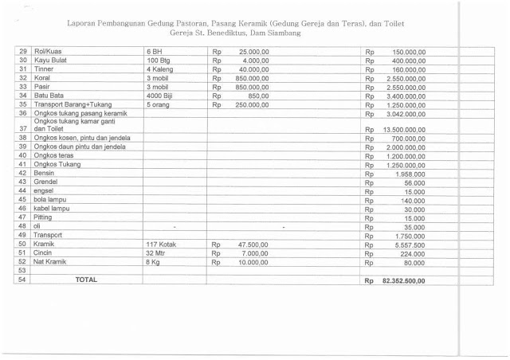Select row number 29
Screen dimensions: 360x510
click(x=23, y=50)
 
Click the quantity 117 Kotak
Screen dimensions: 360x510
click(x=163, y=245)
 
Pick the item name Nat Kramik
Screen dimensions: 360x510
click(x=50, y=262)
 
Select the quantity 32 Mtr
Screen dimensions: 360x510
click(x=158, y=253)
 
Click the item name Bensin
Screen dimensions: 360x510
click(x=45, y=173)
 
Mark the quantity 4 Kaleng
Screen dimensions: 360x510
click(x=163, y=68)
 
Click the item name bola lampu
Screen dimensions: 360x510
click(x=50, y=200)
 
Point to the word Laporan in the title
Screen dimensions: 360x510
click(x=84, y=23)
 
